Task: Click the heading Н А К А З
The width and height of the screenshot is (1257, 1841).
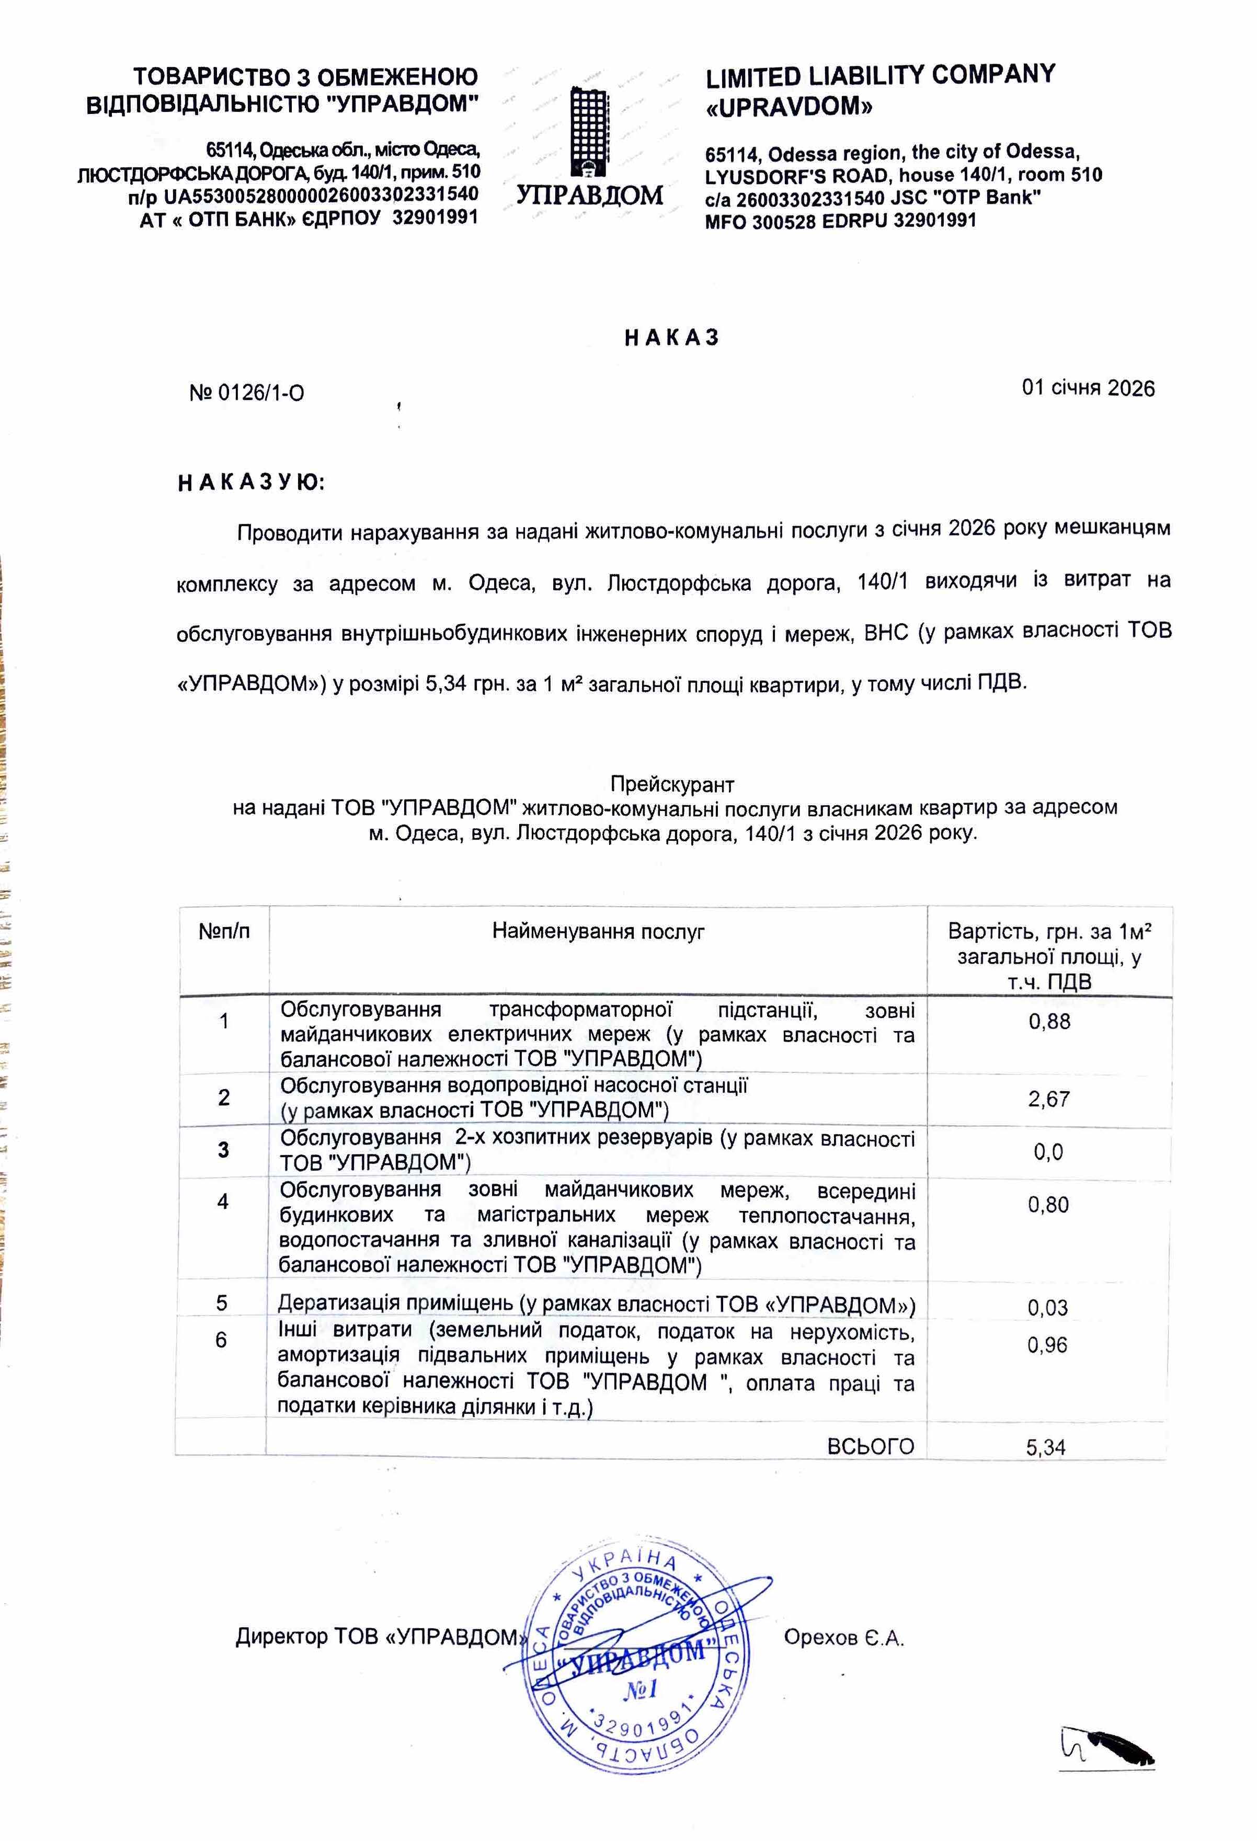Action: pos(672,338)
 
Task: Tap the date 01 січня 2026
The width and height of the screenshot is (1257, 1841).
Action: pos(1088,388)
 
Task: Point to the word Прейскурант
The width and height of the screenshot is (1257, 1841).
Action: pos(672,784)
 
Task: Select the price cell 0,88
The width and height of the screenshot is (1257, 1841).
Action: pos(1049,1021)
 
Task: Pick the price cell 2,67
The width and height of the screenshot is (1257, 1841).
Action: pos(1049,1099)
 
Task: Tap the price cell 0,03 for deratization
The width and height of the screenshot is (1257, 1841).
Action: pos(1047,1308)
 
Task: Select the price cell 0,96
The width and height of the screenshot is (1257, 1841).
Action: pos(1047,1345)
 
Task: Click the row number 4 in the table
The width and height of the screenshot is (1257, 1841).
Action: pos(223,1202)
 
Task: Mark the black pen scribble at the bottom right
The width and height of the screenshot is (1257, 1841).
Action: pos(1109,1748)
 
